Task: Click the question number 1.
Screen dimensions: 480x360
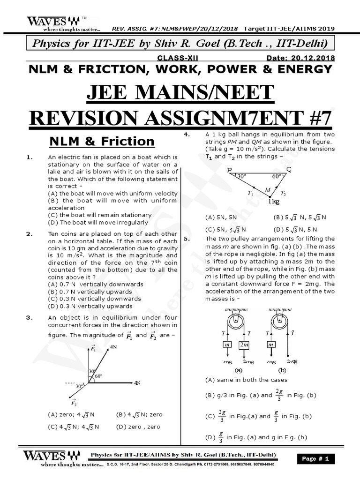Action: pyautogui.click(x=29, y=157)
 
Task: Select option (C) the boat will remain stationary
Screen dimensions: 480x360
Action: pyautogui.click(x=99, y=215)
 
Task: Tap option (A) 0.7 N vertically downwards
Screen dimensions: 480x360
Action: pyautogui.click(x=96, y=284)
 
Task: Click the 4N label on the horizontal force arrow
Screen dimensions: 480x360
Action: pyautogui.click(x=137, y=383)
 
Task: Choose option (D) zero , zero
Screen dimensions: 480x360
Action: pyautogui.click(x=138, y=427)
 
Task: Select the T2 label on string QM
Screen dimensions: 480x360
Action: pyautogui.click(x=283, y=193)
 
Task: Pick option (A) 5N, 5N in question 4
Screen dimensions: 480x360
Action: pyautogui.click(x=221, y=217)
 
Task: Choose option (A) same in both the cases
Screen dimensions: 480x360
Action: pyautogui.click(x=246, y=380)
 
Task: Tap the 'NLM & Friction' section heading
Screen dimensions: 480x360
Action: pyautogui.click(x=102, y=141)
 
